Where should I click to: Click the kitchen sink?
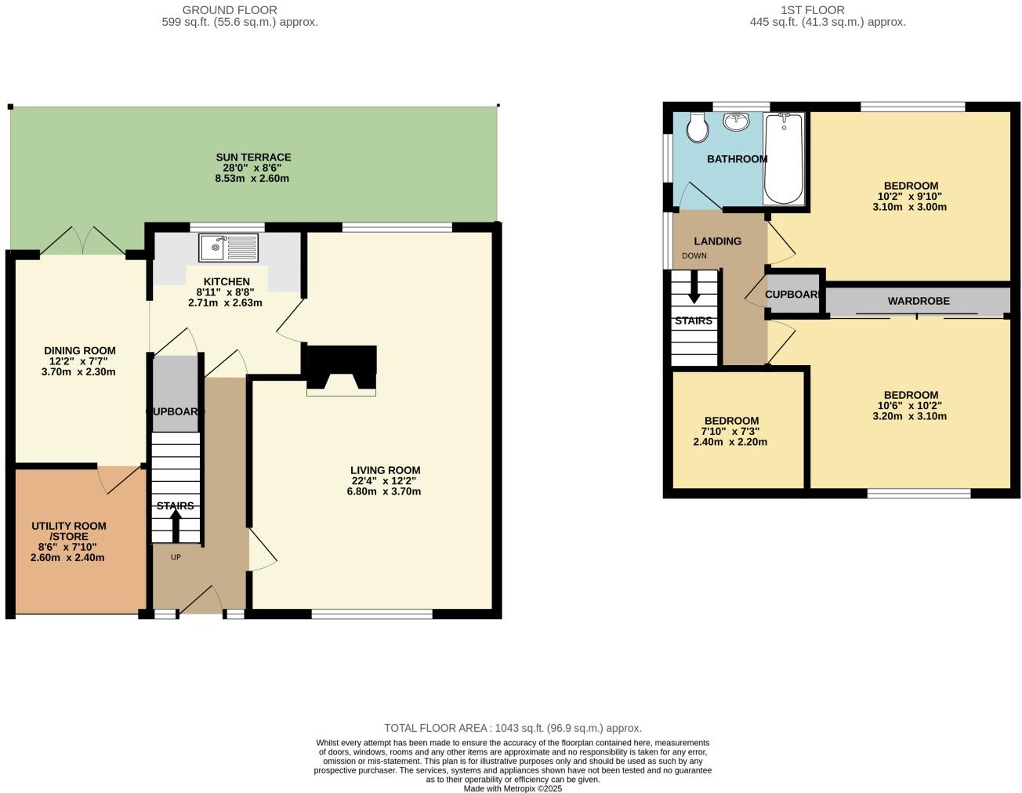[227, 248]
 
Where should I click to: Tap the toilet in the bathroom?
[697, 127]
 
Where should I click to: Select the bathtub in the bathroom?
[783, 158]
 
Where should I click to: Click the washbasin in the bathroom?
[737, 121]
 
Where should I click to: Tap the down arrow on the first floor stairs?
[694, 288]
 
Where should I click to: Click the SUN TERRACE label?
[253, 158]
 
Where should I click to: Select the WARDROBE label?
[919, 301]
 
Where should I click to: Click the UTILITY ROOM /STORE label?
[69, 531]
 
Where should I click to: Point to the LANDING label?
[717, 241]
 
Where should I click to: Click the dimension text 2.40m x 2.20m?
[730, 442]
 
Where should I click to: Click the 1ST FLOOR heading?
[813, 10]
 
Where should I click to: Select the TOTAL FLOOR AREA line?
[513, 728]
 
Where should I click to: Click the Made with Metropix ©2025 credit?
[513, 788]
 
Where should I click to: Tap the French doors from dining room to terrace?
[82, 241]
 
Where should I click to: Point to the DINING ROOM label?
[79, 351]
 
